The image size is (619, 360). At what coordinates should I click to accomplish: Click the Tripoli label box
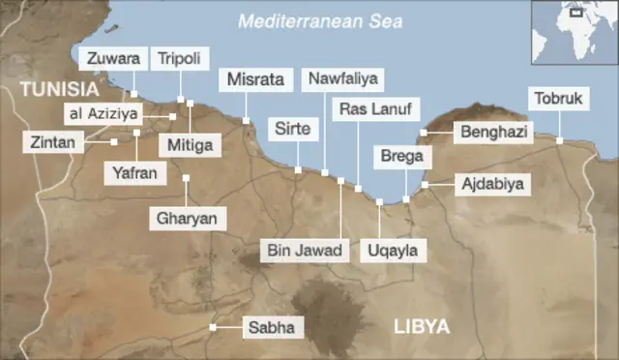point(180,59)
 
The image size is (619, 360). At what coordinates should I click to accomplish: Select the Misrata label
point(255,80)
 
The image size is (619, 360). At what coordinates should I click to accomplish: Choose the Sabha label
point(273,328)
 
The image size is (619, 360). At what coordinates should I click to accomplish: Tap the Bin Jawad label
point(305,251)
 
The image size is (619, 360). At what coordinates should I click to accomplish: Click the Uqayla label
point(392,251)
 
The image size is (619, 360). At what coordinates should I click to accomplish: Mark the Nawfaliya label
point(341,78)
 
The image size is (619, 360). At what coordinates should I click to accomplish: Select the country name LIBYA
point(423,327)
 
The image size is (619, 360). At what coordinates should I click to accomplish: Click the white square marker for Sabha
point(213,327)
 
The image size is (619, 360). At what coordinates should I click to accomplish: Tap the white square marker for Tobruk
point(559,140)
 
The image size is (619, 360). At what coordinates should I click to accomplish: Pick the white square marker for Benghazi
point(424,133)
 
